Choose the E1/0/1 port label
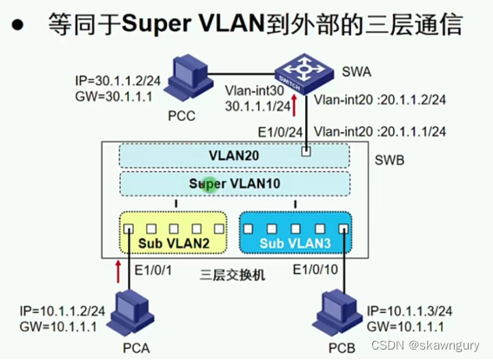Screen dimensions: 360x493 pyautogui.click(x=156, y=270)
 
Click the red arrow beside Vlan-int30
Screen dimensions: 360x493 pyautogui.click(x=295, y=106)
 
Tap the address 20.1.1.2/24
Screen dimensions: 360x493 pyautogui.click(x=417, y=100)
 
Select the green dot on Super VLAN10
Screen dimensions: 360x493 pyautogui.click(x=209, y=185)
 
